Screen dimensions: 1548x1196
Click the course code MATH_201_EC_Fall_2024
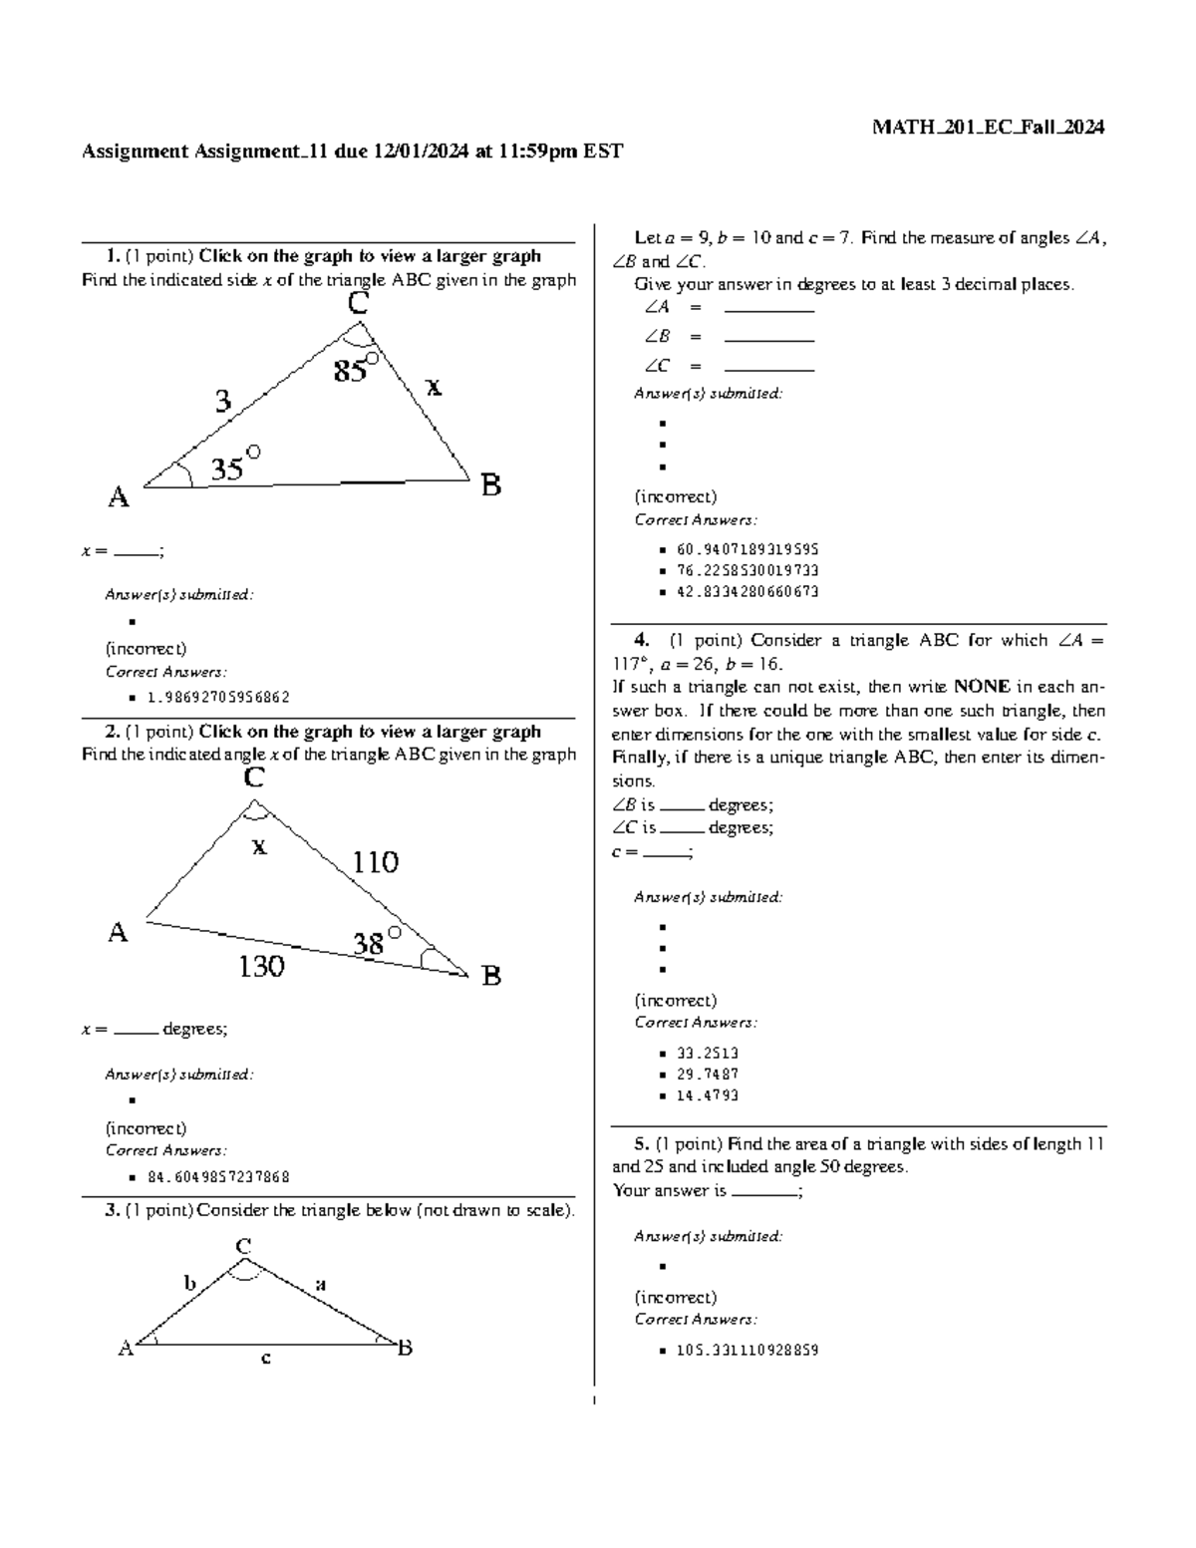click(988, 127)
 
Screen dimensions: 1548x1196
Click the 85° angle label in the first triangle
click(355, 370)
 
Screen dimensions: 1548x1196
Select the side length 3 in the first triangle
click(223, 401)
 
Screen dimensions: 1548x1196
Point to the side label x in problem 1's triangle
click(434, 387)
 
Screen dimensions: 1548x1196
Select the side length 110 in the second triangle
click(375, 862)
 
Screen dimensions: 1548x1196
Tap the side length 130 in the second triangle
click(261, 966)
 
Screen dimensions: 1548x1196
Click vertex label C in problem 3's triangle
click(242, 1246)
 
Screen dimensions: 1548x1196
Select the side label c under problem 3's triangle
click(266, 1358)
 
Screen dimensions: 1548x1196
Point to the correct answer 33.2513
click(707, 1053)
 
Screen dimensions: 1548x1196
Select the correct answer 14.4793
click(707, 1095)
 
